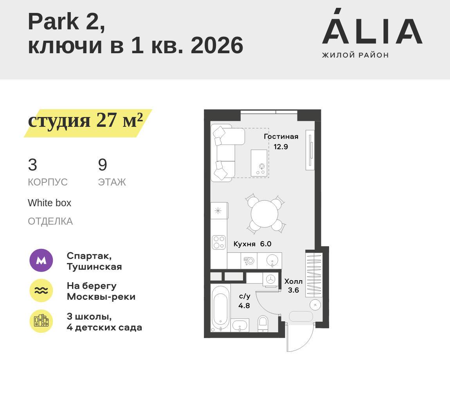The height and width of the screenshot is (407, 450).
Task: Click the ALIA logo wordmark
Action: coord(372,26)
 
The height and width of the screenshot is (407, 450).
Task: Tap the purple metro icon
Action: coord(41,260)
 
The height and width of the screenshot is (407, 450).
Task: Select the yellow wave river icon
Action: coord(41,290)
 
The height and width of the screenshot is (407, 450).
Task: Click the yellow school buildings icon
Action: coord(41,321)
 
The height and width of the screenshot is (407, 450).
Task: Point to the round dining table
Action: coord(265,214)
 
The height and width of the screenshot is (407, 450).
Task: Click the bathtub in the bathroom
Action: coord(221,308)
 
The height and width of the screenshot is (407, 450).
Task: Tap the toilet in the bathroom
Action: coord(263,324)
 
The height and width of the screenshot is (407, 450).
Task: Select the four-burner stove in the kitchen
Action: coord(219,242)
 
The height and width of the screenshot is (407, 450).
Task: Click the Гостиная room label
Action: coord(281,137)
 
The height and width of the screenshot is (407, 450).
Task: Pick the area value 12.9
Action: coord(281,147)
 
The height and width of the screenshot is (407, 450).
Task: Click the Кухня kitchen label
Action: coord(244,244)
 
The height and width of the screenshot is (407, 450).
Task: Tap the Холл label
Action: coord(293,281)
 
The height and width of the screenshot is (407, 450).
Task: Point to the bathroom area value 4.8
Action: coord(244,306)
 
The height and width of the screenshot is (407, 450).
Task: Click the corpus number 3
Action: coord(32,165)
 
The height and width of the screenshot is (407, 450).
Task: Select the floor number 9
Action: coord(103,165)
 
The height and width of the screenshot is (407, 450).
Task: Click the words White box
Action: coord(49,203)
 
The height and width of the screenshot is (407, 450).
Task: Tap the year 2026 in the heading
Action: coord(217,45)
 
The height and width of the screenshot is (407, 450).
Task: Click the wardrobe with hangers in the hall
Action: coord(314,274)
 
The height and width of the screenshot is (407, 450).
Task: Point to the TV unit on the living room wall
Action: coord(310,150)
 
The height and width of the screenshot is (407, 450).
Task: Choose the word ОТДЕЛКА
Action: coord(50,221)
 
